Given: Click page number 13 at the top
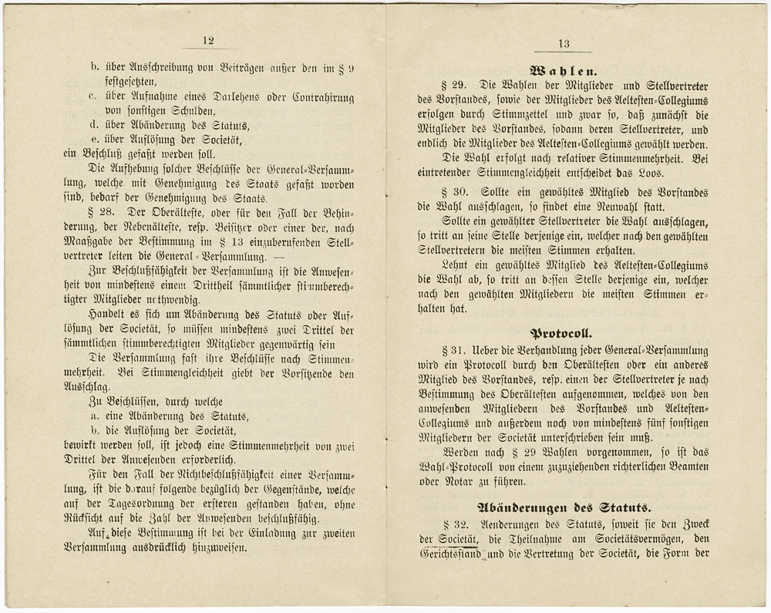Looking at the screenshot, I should click(563, 44).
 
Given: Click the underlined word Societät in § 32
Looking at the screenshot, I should click(459, 538).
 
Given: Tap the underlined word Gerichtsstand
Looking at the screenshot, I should click(453, 553).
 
